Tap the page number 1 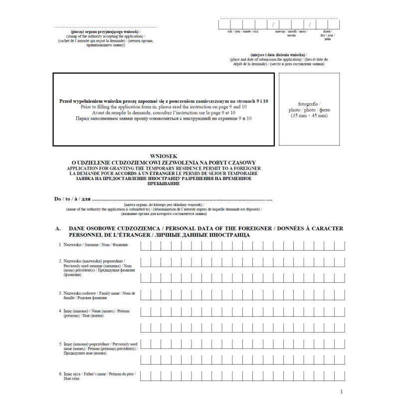pyautogui.click(x=342, y=393)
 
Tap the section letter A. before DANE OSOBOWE pyautogui.click(x=58, y=228)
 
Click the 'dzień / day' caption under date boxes pyautogui.click(x=327, y=34)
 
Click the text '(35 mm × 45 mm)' pyautogui.click(x=309, y=116)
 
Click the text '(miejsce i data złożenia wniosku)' pyautogui.click(x=279, y=54)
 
